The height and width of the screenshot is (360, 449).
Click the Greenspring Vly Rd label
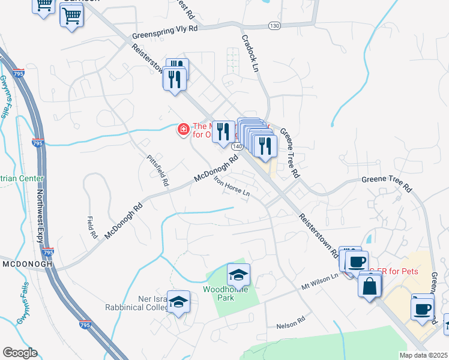tap(161, 28)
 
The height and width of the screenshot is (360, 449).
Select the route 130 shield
tap(274, 25)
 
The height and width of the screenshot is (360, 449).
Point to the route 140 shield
tap(238, 146)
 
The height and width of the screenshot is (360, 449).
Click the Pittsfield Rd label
tap(158, 170)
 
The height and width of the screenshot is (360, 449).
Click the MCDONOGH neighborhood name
tap(27, 263)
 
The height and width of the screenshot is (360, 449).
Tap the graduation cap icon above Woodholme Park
tap(238, 275)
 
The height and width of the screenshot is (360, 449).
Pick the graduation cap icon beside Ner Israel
tap(178, 303)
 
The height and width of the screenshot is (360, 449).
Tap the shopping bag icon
tap(370, 285)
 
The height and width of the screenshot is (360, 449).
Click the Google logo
tap(20, 353)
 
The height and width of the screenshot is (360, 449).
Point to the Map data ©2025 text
tap(424, 355)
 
